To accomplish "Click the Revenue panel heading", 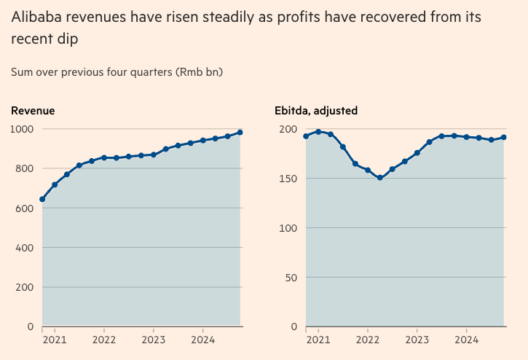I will click(x=33, y=111).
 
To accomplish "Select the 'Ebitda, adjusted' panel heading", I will click(x=316, y=111).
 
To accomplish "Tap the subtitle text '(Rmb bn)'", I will click(x=196, y=72).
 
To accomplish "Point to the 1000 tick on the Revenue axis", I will click(x=22, y=129).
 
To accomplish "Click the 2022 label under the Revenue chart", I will click(x=104, y=340).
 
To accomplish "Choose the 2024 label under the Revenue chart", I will click(x=202, y=340).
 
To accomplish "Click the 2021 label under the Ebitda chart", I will click(x=318, y=340).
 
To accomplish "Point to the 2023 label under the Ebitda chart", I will click(x=417, y=340).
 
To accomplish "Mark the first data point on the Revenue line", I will click(x=42, y=199).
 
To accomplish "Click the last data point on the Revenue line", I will click(x=240, y=133).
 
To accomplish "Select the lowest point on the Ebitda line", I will click(x=380, y=178).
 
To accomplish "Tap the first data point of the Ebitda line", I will click(x=306, y=136).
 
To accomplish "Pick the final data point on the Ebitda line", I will click(x=504, y=137).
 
